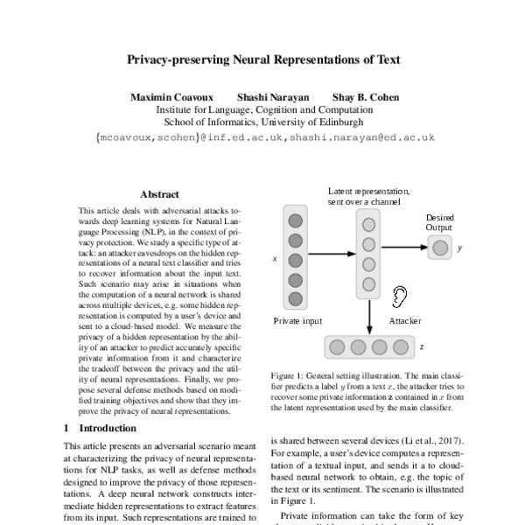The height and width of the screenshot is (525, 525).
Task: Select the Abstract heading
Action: coord(159,194)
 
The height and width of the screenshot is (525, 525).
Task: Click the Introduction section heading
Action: coord(108,429)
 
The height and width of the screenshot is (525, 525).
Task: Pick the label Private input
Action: coord(297,321)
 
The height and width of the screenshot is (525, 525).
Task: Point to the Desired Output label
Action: coord(439,222)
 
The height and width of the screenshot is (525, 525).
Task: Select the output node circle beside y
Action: coord(440,248)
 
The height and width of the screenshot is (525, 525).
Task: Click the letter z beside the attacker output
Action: coord(421,346)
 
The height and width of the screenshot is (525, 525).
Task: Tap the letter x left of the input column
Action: coord(275,260)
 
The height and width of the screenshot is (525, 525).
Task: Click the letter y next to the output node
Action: coord(461,248)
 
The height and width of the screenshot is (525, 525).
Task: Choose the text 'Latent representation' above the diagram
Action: coord(368,191)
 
